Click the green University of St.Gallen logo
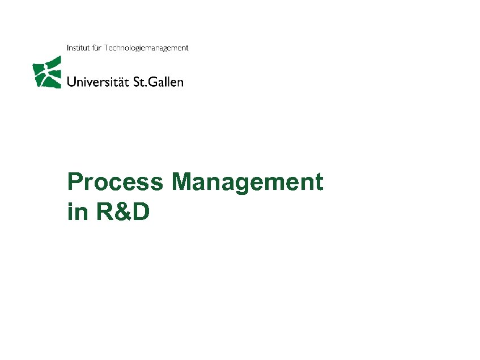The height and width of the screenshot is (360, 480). coord(46,73)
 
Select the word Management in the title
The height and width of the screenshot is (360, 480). coord(248,183)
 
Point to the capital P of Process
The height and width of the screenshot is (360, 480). coord(74,183)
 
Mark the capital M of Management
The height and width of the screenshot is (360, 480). coord(184,183)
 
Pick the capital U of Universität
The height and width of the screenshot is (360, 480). coord(72,82)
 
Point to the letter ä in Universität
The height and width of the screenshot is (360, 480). coord(121,82)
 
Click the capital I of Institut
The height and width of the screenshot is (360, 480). coord(68,48)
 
